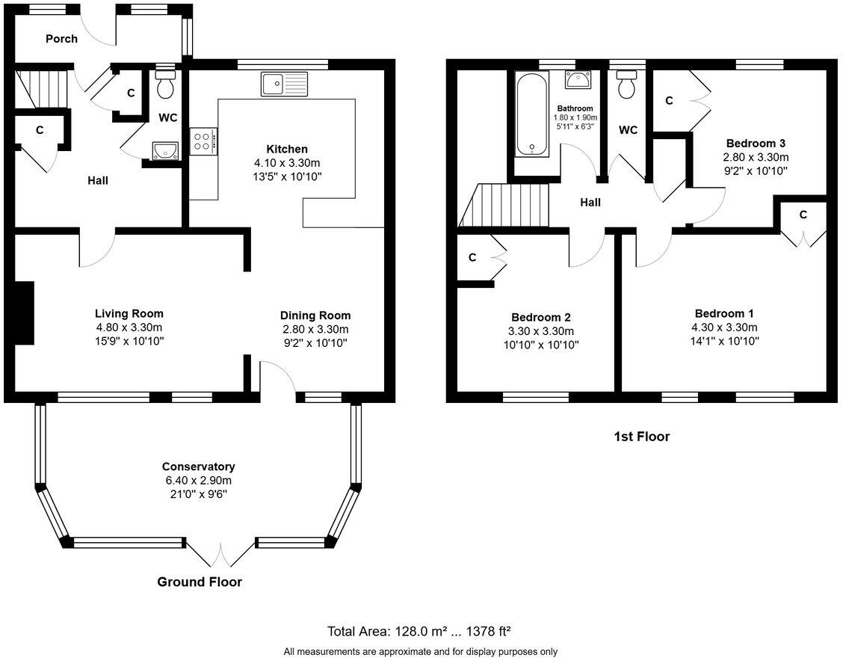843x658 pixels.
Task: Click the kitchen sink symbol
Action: point(284,84)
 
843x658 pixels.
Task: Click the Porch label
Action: point(61,39)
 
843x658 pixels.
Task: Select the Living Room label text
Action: point(129,313)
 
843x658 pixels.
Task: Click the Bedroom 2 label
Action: point(543,317)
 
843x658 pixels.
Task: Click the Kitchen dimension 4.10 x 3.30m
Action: point(280,163)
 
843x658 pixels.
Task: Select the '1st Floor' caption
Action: point(641,437)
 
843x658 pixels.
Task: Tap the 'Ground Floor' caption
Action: point(199,582)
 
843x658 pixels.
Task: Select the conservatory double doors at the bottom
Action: point(220,554)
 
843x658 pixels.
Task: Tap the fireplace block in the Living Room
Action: point(25,313)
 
